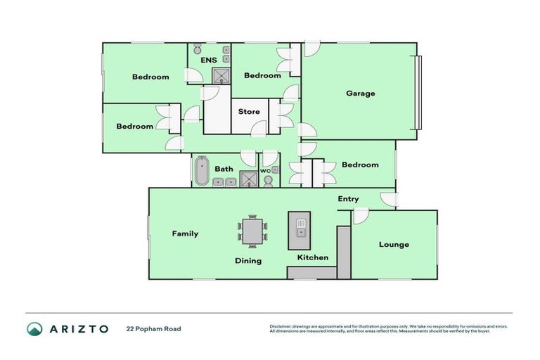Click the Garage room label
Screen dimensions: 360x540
coord(360,93)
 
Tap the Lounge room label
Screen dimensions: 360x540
coord(394,245)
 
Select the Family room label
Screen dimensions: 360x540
coord(185,233)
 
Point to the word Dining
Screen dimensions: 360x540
coord(247,261)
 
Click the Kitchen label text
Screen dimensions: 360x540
coord(312,257)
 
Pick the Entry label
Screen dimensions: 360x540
coord(348,199)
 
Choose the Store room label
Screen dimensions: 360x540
coord(248,112)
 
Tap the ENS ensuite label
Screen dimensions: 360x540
coord(208,60)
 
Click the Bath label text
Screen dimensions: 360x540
coord(224,169)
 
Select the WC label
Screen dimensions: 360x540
coord(265,171)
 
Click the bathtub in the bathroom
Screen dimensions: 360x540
coord(202,170)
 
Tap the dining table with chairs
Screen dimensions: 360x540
coord(252,231)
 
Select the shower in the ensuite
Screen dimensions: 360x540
coord(221,76)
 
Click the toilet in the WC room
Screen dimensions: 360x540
coord(269,181)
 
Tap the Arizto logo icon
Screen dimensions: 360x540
coord(34,328)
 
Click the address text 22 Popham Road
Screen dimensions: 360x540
coord(153,328)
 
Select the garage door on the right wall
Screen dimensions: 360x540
coord(419,92)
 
